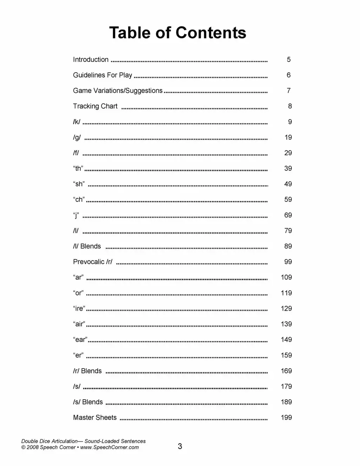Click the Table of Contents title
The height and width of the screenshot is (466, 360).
pos(177,33)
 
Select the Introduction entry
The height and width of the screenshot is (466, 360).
pos(91,59)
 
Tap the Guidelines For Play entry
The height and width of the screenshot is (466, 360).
pos(103,75)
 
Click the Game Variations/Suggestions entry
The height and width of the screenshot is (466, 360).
pos(118,90)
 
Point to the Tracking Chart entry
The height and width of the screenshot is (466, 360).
pos(95,106)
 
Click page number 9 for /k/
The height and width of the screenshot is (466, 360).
pos(290,122)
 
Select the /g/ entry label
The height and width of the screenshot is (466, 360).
pos(77,137)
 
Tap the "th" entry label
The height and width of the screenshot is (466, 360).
pos(78,169)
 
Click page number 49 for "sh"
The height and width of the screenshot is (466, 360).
pos(288,184)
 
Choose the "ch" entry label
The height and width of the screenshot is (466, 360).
pos(79,200)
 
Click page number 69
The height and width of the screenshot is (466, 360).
pos(288,215)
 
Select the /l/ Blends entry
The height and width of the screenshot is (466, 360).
pos(87,246)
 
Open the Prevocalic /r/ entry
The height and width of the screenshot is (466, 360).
pos(93,262)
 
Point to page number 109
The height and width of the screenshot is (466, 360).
pos(286,277)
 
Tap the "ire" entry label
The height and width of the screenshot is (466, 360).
pos(79,309)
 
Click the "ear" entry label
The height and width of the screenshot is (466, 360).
pos(80,340)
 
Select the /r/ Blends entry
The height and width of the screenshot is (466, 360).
pos(87,371)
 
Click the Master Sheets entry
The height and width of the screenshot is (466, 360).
pos(95,417)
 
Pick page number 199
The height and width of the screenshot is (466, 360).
pos(286,417)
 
